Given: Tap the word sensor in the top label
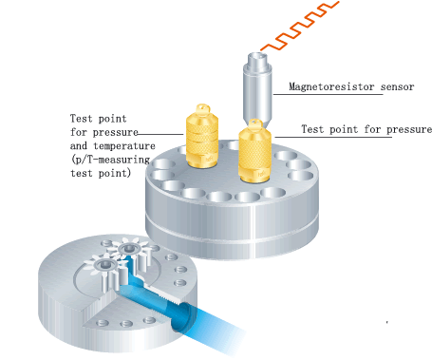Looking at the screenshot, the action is pos(397,86).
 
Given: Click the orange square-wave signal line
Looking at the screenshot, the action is pos(300,27).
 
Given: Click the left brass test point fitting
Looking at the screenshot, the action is pos(202,136).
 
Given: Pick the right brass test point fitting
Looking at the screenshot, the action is pos(254,151).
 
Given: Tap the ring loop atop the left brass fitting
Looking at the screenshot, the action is pos(203,108).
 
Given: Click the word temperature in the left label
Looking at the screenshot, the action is pos(124,146).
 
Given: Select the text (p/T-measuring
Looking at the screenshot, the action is pos(110,160).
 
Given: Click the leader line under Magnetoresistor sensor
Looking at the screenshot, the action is pos(328,94).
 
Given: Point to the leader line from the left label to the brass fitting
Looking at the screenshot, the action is pos(160,134).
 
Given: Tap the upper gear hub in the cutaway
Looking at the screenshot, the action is pos(128,249).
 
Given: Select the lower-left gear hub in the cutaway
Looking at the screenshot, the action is pos(103,264).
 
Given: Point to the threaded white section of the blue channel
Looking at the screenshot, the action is pos(165,295).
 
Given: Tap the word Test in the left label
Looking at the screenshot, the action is pos(81,119).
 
